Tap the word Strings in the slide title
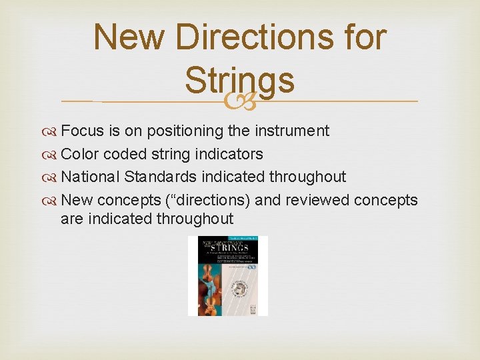239,80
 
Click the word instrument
289,131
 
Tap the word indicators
227,154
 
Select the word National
89,177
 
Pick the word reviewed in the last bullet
317,200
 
